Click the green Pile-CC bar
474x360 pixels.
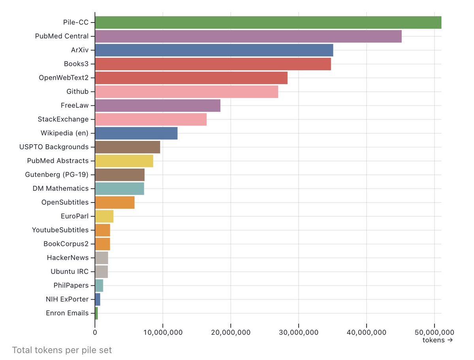(x=268, y=22)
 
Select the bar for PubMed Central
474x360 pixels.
(x=248, y=36)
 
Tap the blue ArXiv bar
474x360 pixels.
(x=214, y=50)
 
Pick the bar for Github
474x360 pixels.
(x=186, y=92)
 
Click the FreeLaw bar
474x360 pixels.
(x=158, y=105)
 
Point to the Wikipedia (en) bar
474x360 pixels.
(x=136, y=133)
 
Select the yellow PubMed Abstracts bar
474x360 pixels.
(x=124, y=161)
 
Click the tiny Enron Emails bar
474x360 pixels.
(x=96, y=313)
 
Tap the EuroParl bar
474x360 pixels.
(x=104, y=216)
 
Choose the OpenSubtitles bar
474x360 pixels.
(x=115, y=202)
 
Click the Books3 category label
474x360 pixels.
(x=76, y=64)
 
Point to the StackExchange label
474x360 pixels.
(x=63, y=119)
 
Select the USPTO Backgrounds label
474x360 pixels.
(x=54, y=147)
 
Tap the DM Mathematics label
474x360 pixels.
(x=61, y=189)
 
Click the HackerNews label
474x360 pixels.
(x=68, y=258)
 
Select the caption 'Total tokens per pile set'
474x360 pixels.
(x=62, y=350)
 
